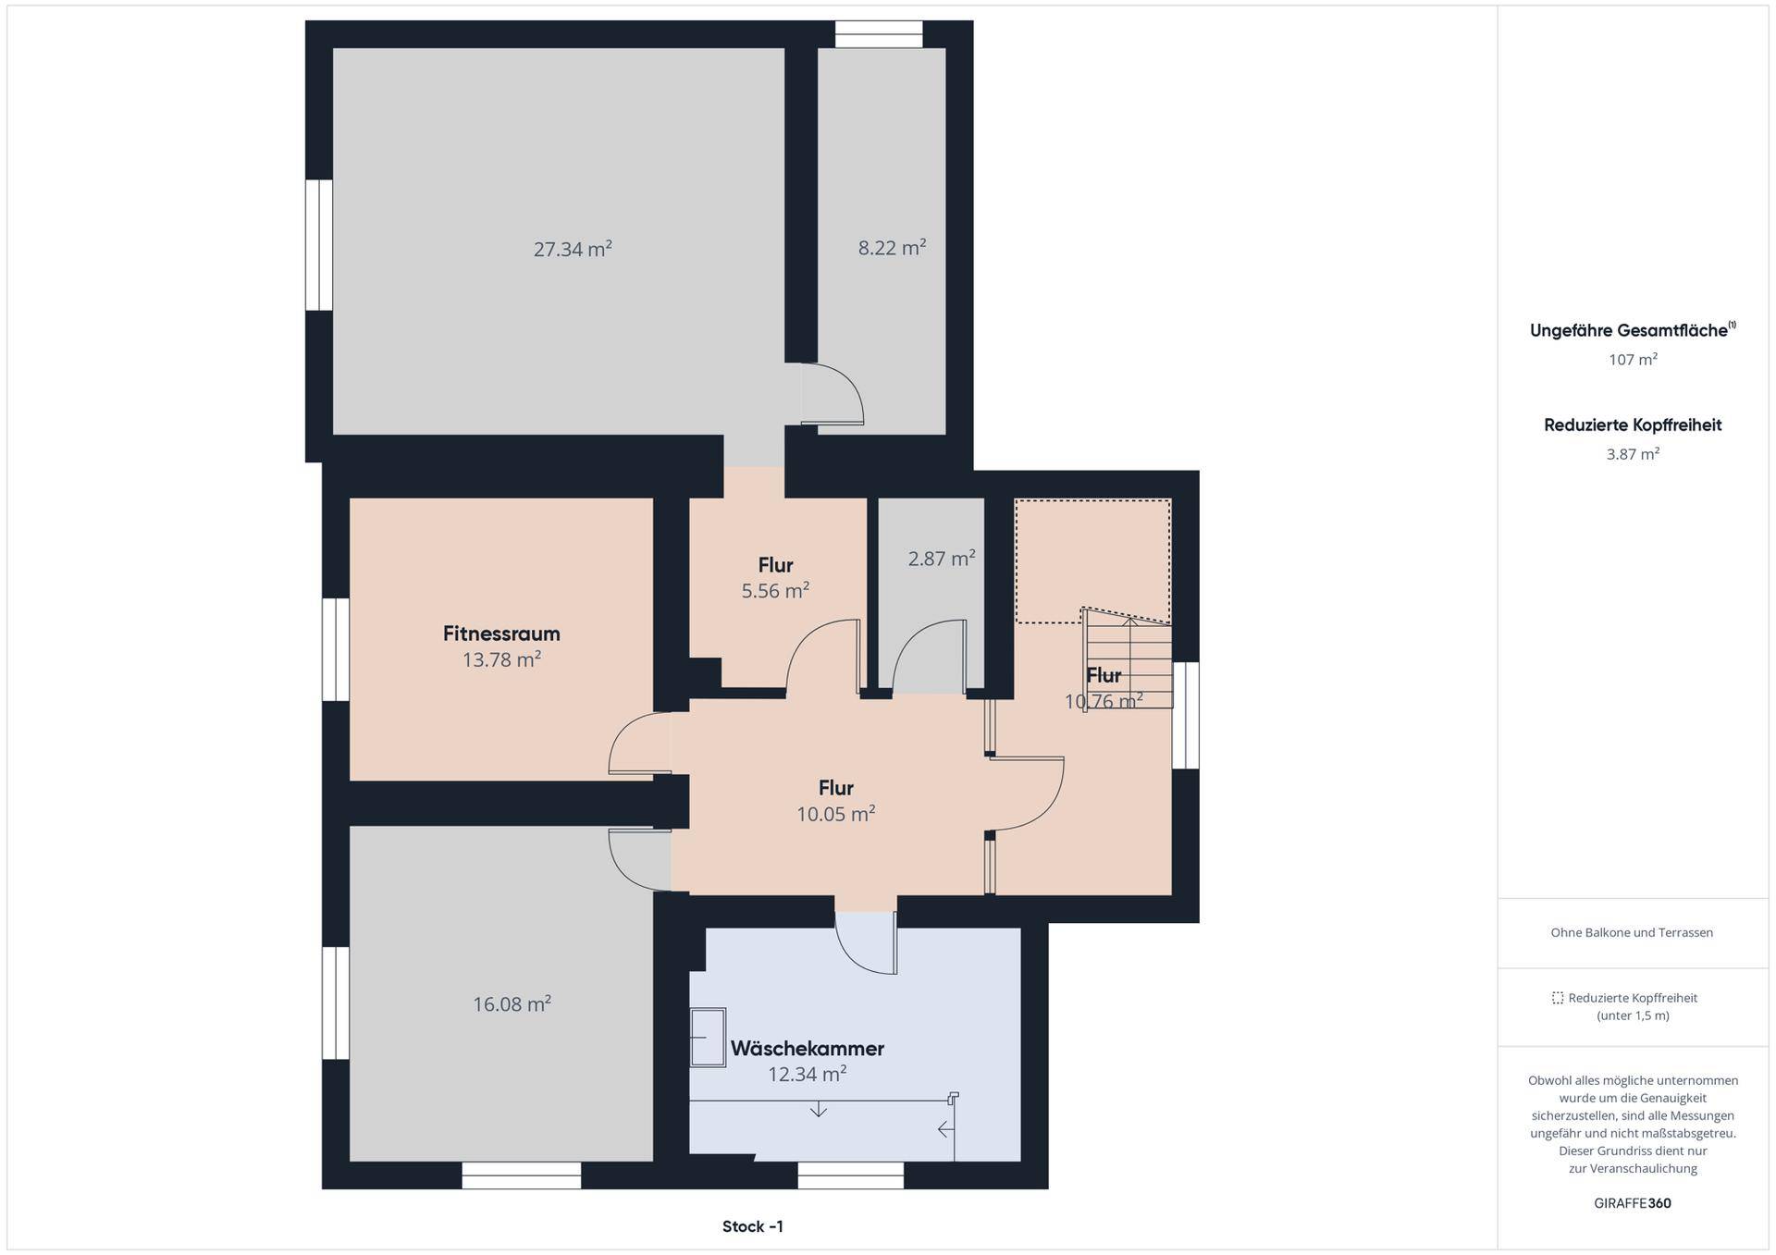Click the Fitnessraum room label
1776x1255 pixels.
[x=501, y=634]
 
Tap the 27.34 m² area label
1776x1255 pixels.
[x=573, y=249]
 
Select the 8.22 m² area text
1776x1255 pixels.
[x=892, y=248]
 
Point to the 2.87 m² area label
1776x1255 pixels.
[x=942, y=559]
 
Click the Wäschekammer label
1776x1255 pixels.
[x=808, y=1049]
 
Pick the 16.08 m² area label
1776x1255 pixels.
[x=512, y=1004]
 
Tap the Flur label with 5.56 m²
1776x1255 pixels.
[x=776, y=565]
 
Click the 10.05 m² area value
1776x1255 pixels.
[x=836, y=814]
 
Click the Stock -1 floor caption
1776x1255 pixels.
[x=753, y=1226]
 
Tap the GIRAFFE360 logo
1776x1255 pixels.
[x=1633, y=1203]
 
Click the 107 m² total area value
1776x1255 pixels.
[x=1633, y=360]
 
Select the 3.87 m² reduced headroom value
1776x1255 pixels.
[x=1633, y=454]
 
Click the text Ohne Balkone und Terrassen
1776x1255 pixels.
[x=1632, y=932]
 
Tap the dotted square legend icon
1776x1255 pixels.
[x=1558, y=998]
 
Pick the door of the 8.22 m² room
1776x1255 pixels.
[x=832, y=394]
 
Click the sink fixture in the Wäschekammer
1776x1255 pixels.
[x=708, y=1037]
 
